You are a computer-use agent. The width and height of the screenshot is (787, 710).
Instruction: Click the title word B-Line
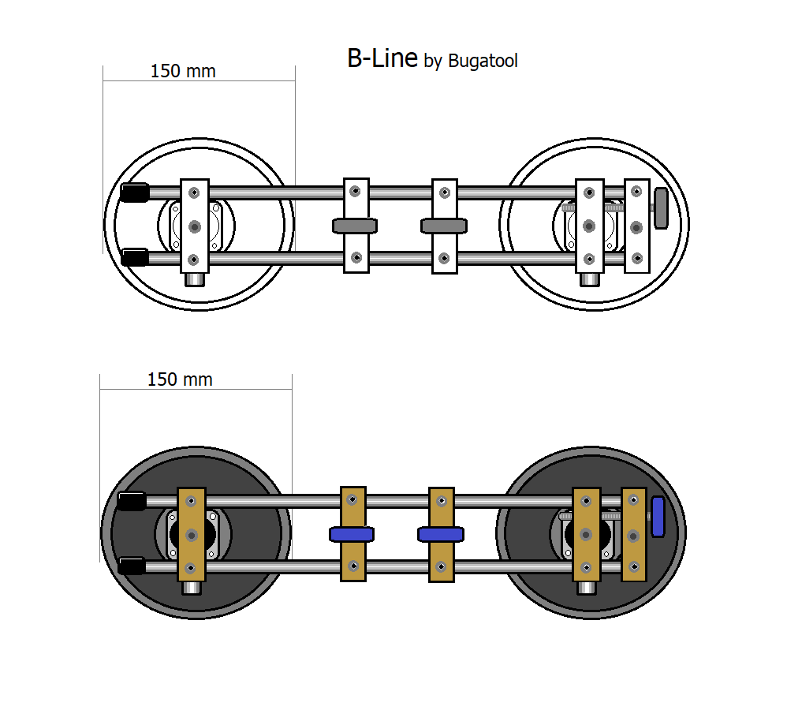point(382,58)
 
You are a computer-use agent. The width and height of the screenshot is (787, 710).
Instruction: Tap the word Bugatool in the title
point(483,61)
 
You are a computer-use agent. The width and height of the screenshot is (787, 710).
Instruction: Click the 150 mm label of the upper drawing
point(183,71)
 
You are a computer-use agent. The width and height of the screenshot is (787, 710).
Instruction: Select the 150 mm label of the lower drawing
point(180,379)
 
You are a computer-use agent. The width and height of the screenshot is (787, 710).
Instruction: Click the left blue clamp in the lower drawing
point(352,535)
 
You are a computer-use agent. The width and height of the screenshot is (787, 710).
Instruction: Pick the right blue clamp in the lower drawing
point(440,535)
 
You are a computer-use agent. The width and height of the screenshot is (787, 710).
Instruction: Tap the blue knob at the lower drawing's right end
point(658,518)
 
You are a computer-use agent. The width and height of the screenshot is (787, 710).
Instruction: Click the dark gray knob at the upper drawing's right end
point(661,207)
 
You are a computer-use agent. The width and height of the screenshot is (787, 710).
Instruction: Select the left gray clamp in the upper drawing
point(356,226)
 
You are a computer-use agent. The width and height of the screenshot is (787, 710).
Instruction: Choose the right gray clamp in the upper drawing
point(444,226)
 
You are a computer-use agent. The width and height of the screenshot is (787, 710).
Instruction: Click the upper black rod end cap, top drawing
point(135,192)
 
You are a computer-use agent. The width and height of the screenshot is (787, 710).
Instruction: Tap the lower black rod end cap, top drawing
point(135,257)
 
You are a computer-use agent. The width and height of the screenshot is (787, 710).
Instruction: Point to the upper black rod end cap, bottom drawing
point(132,501)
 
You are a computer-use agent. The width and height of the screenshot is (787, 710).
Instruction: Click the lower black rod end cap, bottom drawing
point(132,566)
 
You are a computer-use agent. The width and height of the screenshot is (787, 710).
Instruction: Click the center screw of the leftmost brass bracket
point(191,535)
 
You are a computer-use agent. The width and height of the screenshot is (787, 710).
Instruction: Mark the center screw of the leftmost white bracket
point(194,226)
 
